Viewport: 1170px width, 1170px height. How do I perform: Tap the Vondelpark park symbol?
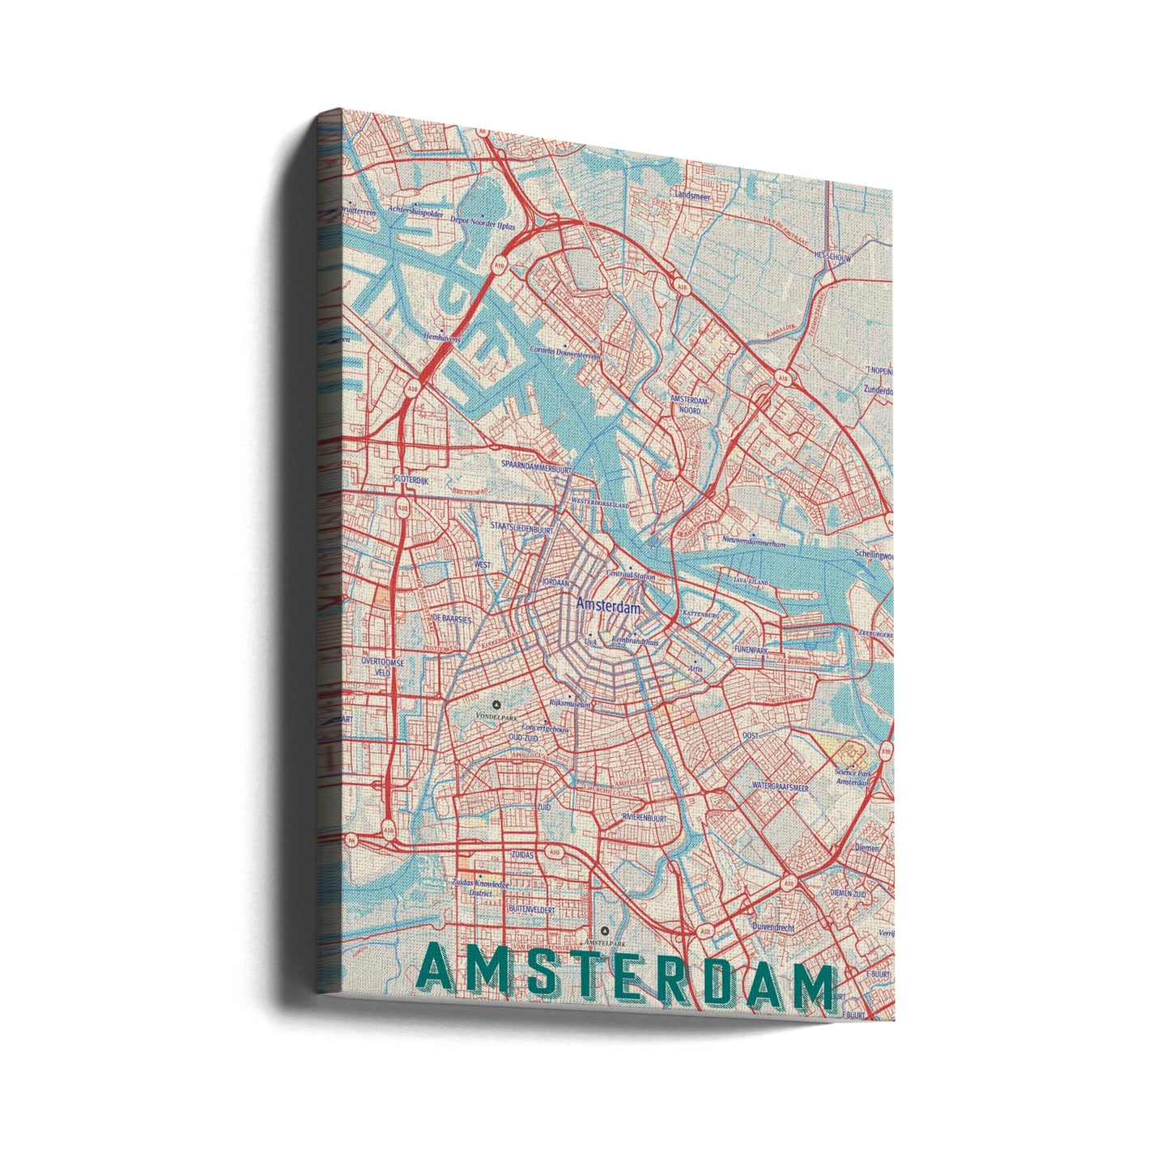[x=497, y=704]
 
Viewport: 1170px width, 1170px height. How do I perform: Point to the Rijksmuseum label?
[x=569, y=704]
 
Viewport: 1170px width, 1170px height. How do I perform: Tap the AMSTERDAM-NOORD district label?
[x=691, y=406]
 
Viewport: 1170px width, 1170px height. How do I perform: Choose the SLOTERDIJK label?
[x=411, y=479]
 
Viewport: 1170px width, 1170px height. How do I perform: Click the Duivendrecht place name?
[x=773, y=927]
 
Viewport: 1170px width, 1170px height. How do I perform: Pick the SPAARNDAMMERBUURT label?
[x=537, y=467]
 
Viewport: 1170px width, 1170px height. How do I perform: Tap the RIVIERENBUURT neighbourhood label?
[x=649, y=819]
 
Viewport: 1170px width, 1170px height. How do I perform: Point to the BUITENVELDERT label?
[x=531, y=910]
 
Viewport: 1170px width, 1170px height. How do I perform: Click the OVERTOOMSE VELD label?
[x=388, y=666]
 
